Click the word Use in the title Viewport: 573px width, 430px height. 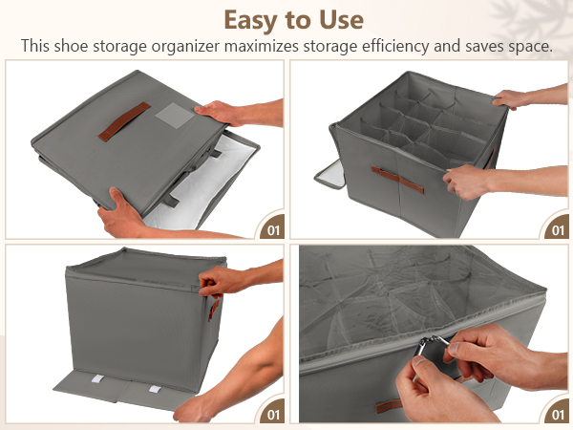point(341,20)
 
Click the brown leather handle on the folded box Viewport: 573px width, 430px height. point(124,121)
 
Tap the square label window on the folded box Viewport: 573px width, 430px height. point(175,116)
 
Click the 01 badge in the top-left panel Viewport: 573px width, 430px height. point(273,230)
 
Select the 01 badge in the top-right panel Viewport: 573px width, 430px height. point(558,230)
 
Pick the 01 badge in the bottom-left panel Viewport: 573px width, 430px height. point(273,415)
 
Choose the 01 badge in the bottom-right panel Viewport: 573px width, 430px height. point(558,415)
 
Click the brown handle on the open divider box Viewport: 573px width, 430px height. point(397,180)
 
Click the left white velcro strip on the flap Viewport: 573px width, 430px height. point(97,378)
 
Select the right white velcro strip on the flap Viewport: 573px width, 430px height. point(155,389)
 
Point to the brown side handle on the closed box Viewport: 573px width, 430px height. point(214,310)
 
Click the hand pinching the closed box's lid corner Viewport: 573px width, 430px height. point(223,282)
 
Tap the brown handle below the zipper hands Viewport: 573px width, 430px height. point(390,406)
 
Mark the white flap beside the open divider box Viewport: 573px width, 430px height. point(330,175)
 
